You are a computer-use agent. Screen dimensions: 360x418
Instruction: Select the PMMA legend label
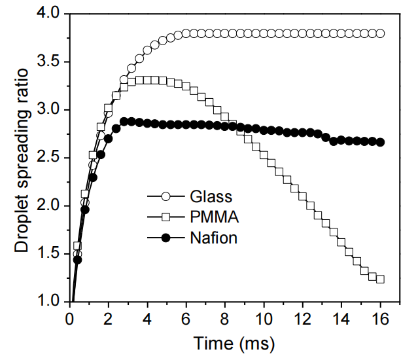coord(215,217)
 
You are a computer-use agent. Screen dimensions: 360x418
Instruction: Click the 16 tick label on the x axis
coord(380,319)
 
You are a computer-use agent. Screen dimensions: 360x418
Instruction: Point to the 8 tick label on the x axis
coord(225,319)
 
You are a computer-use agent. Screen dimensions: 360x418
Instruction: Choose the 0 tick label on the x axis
coord(70,319)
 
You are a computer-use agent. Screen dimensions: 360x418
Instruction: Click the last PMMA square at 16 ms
coord(380,279)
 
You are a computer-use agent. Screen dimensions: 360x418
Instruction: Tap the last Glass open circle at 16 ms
coord(380,33)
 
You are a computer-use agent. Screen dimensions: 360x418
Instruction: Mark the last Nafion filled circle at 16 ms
coord(380,142)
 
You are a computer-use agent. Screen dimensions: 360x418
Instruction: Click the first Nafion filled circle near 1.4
coord(77,260)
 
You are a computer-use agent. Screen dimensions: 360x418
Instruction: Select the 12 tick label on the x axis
coord(302,319)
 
